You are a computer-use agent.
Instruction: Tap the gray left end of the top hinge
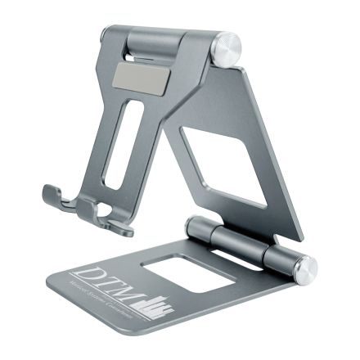pos(107,34)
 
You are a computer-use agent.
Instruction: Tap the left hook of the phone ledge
pos(54,194)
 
